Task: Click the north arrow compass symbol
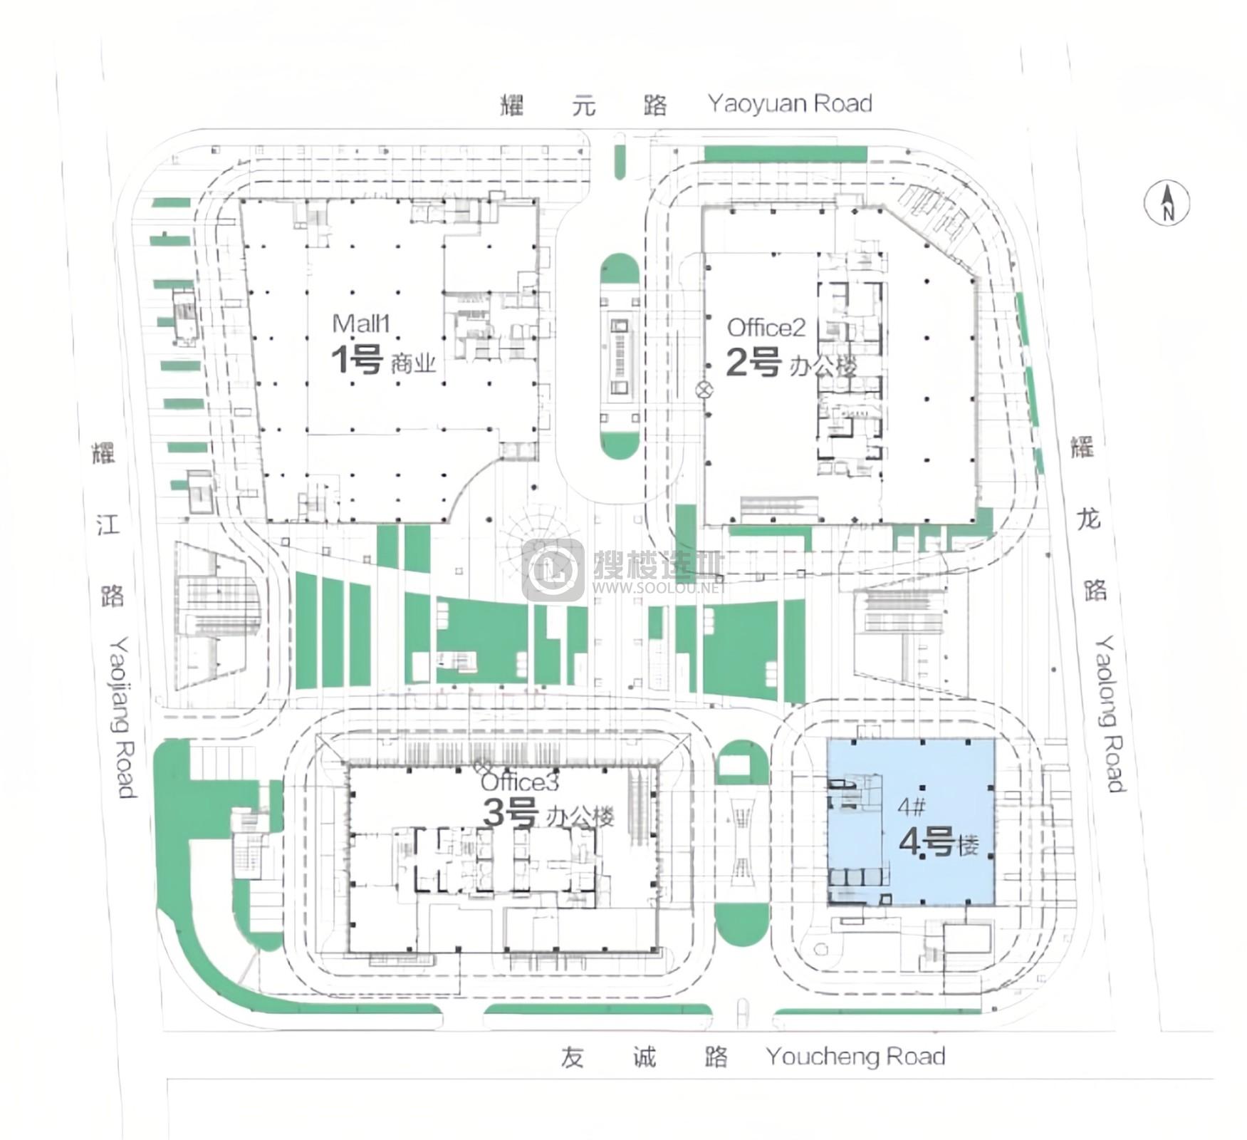pyautogui.click(x=1167, y=203)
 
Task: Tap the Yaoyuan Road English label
pyautogui.click(x=790, y=104)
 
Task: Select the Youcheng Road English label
pyautogui.click(x=855, y=1056)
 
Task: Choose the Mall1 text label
pyautogui.click(x=362, y=323)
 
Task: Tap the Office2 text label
pyautogui.click(x=766, y=328)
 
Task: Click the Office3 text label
pyautogui.click(x=520, y=782)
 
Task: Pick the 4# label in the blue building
pyautogui.click(x=912, y=807)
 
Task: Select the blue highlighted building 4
pyautogui.click(x=910, y=822)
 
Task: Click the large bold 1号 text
pyautogui.click(x=358, y=360)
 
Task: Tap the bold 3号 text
pyautogui.click(x=510, y=813)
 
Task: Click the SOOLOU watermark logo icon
pyautogui.click(x=553, y=570)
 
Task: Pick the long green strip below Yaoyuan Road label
pyautogui.click(x=786, y=154)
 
